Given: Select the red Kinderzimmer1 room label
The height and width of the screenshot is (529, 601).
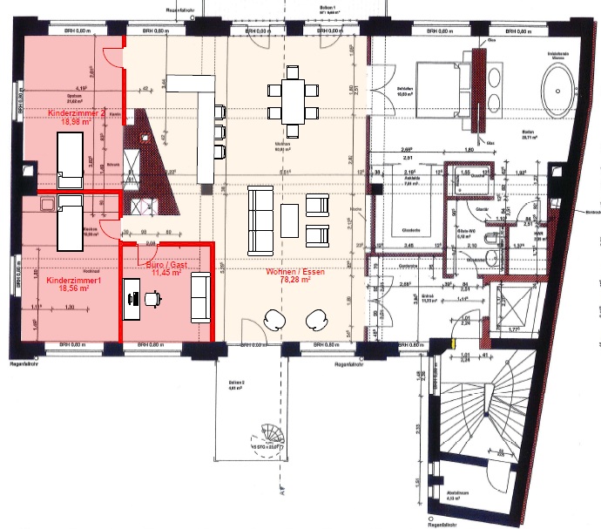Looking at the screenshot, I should pyautogui.click(x=75, y=281).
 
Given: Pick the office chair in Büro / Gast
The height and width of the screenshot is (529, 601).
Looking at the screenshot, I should pyautogui.click(x=154, y=298).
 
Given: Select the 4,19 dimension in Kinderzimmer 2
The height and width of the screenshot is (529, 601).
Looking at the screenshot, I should pyautogui.click(x=81, y=88).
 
